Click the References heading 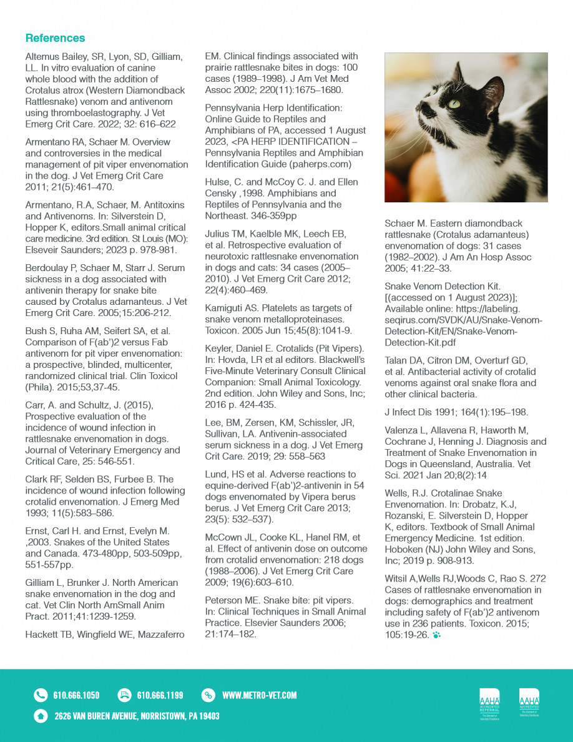(55, 38)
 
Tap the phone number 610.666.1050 (76, 695)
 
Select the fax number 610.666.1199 (160, 695)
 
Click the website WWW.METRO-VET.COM (259, 695)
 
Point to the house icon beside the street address (41, 716)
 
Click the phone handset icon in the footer (41, 695)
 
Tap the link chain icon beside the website (208, 695)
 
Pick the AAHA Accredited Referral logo (489, 703)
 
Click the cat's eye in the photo (454, 103)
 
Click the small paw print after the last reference (436, 635)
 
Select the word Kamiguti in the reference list (225, 308)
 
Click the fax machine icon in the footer (124, 695)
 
